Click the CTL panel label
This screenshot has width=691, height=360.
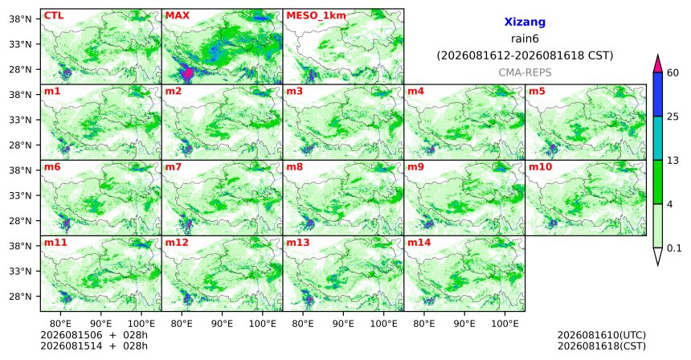[x=54, y=16]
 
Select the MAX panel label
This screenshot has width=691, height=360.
[x=177, y=16]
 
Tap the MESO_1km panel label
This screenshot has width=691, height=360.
[x=316, y=16]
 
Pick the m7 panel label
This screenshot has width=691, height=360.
[x=174, y=167]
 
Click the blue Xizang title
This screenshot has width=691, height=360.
[x=525, y=22]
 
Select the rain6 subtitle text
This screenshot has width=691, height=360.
[x=525, y=39]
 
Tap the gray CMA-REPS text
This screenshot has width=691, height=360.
[x=525, y=72]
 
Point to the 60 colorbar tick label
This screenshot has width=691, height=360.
[x=673, y=73]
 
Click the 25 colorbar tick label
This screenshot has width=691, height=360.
[x=673, y=117]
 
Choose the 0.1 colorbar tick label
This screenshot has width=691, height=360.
[x=674, y=248]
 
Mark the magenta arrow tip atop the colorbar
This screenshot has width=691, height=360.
[x=658, y=55]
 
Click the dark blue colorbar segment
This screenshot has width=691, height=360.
[x=658, y=94]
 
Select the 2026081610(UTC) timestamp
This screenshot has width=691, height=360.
[x=602, y=336]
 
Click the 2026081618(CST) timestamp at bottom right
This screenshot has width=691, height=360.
[x=602, y=346]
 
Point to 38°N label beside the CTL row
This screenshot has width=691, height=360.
[x=21, y=19]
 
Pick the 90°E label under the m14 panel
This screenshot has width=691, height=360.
[x=464, y=325]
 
